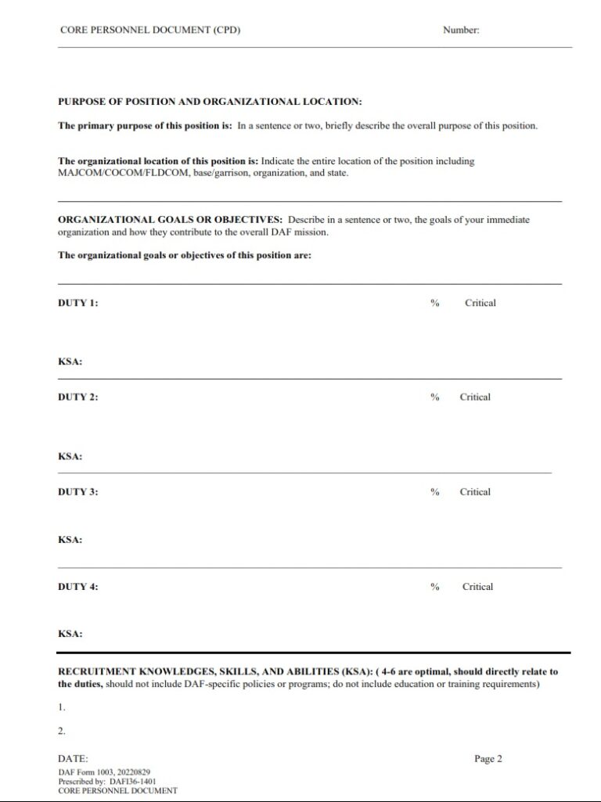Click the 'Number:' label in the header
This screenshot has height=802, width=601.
pyautogui.click(x=461, y=31)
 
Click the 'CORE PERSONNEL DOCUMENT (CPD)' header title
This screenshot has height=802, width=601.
pyautogui.click(x=150, y=31)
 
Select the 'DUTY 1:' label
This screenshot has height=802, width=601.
pyautogui.click(x=78, y=303)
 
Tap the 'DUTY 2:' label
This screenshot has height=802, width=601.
pyautogui.click(x=78, y=397)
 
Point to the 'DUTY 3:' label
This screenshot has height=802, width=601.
pyautogui.click(x=78, y=492)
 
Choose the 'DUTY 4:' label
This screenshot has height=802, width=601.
pyautogui.click(x=78, y=587)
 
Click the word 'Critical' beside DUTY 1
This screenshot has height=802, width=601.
pyautogui.click(x=480, y=303)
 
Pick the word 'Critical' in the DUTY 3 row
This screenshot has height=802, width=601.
pyautogui.click(x=475, y=492)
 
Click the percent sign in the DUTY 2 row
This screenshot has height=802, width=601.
pyautogui.click(x=434, y=397)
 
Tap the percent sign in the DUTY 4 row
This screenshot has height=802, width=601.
pyautogui.click(x=434, y=587)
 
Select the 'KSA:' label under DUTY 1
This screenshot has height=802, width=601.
pyautogui.click(x=70, y=362)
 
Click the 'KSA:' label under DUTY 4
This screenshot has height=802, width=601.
pyautogui.click(x=70, y=635)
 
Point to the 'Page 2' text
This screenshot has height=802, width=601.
pyautogui.click(x=488, y=759)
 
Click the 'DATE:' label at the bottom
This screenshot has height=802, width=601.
pyautogui.click(x=73, y=759)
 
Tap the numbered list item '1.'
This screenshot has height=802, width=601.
pyautogui.click(x=62, y=707)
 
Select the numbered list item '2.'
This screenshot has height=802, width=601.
pyautogui.click(x=62, y=732)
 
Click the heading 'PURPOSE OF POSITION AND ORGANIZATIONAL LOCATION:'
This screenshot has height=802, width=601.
pyautogui.click(x=210, y=102)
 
